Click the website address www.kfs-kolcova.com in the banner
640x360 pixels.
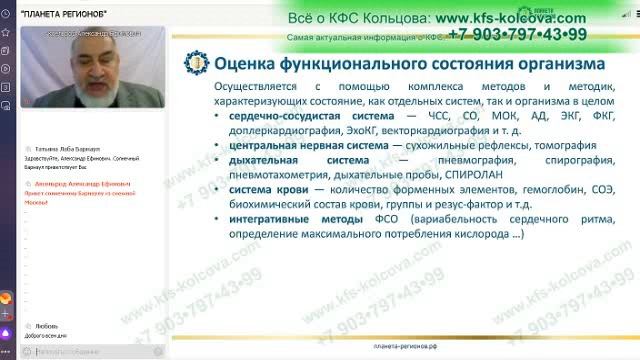tap(510, 18)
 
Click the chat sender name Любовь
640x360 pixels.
tap(45, 325)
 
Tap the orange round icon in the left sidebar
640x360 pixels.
tap(8, 297)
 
